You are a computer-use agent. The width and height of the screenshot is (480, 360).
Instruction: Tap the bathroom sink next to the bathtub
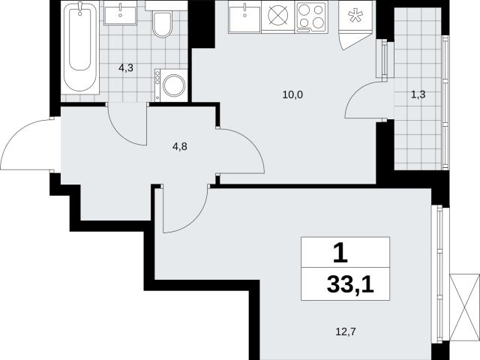[x=120, y=13]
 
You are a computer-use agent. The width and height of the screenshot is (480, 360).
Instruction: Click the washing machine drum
[x=174, y=85]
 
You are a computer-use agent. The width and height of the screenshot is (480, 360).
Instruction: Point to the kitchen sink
[x=244, y=17]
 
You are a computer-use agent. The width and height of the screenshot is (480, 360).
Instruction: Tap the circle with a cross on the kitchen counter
[x=278, y=15]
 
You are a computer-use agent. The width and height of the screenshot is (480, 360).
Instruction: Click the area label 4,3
[x=126, y=68]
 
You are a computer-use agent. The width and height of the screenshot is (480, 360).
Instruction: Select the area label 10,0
[x=292, y=95]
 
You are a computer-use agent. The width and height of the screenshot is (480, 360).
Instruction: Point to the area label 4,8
[x=180, y=147]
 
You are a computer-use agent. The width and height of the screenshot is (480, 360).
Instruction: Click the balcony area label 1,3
[x=418, y=94]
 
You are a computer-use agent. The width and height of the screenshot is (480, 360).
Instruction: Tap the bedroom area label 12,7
[x=346, y=331]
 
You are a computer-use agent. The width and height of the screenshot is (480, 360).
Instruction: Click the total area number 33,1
[x=350, y=284]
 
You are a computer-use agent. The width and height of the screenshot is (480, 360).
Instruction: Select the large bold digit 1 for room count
[x=340, y=253]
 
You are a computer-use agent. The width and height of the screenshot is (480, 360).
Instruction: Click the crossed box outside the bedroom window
[x=465, y=307]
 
